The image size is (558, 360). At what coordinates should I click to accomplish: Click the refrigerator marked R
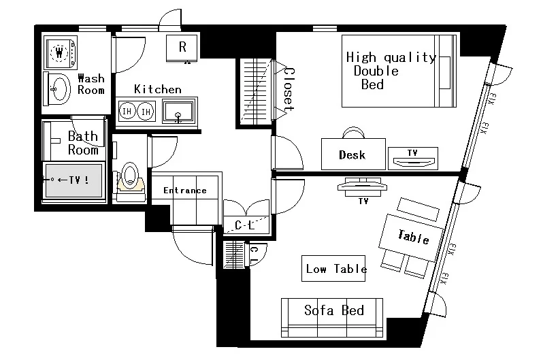click(182, 48)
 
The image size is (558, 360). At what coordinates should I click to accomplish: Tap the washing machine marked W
click(61, 52)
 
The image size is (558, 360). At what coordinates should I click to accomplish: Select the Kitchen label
click(158, 89)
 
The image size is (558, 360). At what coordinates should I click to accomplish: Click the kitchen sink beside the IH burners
click(178, 112)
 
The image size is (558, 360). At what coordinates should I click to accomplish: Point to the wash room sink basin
click(59, 89)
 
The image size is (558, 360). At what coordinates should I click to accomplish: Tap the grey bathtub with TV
click(73, 180)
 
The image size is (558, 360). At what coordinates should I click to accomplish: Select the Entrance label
click(184, 191)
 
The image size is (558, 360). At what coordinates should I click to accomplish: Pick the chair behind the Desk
click(353, 132)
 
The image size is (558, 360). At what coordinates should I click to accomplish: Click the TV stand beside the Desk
click(413, 159)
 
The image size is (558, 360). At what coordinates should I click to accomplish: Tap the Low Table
click(333, 269)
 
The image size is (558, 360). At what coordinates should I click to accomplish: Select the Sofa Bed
click(332, 318)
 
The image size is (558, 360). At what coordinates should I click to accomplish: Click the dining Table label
click(413, 237)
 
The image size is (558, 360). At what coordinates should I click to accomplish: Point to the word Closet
click(289, 89)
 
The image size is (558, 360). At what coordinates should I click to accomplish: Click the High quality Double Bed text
click(391, 71)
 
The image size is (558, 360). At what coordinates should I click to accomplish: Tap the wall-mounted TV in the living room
click(362, 186)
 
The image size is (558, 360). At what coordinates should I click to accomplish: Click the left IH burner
click(127, 112)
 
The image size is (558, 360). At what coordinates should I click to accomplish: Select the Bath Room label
click(83, 143)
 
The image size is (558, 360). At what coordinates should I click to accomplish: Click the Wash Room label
click(91, 84)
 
